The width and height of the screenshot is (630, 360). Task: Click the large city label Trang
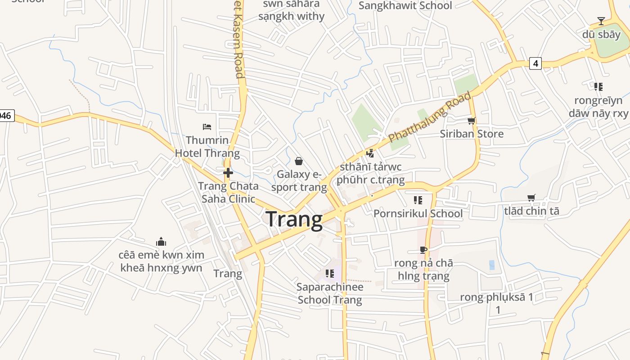(294, 220)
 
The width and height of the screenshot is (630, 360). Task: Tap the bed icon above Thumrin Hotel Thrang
(207, 126)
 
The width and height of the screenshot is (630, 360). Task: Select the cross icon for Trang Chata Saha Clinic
(228, 172)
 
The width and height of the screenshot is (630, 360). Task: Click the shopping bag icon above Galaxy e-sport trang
(298, 161)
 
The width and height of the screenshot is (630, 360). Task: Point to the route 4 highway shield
(535, 63)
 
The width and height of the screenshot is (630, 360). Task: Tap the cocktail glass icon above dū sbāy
(601, 21)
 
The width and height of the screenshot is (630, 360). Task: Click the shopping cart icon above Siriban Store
(471, 121)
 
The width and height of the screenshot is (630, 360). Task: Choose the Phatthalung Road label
(430, 117)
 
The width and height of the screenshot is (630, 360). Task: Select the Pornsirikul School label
(418, 213)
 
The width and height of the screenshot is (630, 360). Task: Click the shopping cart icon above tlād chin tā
(531, 198)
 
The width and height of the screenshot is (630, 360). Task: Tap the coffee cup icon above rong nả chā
(423, 250)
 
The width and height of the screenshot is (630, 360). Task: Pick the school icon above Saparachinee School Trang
(330, 273)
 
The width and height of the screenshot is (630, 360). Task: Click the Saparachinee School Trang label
(330, 293)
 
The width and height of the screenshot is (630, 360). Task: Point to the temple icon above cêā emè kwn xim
(161, 242)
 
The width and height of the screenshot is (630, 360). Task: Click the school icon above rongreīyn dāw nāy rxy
(598, 86)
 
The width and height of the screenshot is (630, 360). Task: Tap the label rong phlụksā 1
(496, 297)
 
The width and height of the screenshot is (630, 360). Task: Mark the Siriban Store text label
(472, 134)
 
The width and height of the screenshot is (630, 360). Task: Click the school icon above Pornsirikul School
(418, 200)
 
